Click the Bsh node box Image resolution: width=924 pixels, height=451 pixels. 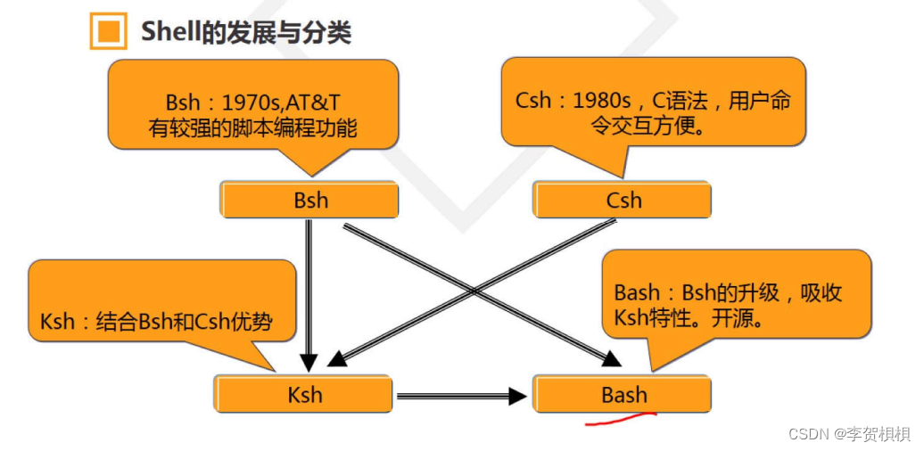coord(309,201)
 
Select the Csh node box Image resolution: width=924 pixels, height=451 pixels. coord(623,201)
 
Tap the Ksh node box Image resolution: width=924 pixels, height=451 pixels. coord(304,394)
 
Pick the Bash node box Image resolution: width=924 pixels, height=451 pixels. coord(623,394)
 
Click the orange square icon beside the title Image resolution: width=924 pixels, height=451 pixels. coord(108,32)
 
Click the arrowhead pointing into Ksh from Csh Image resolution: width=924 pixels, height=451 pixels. coord(336,358)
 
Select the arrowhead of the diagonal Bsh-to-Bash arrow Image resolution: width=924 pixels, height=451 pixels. coord(611,358)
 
